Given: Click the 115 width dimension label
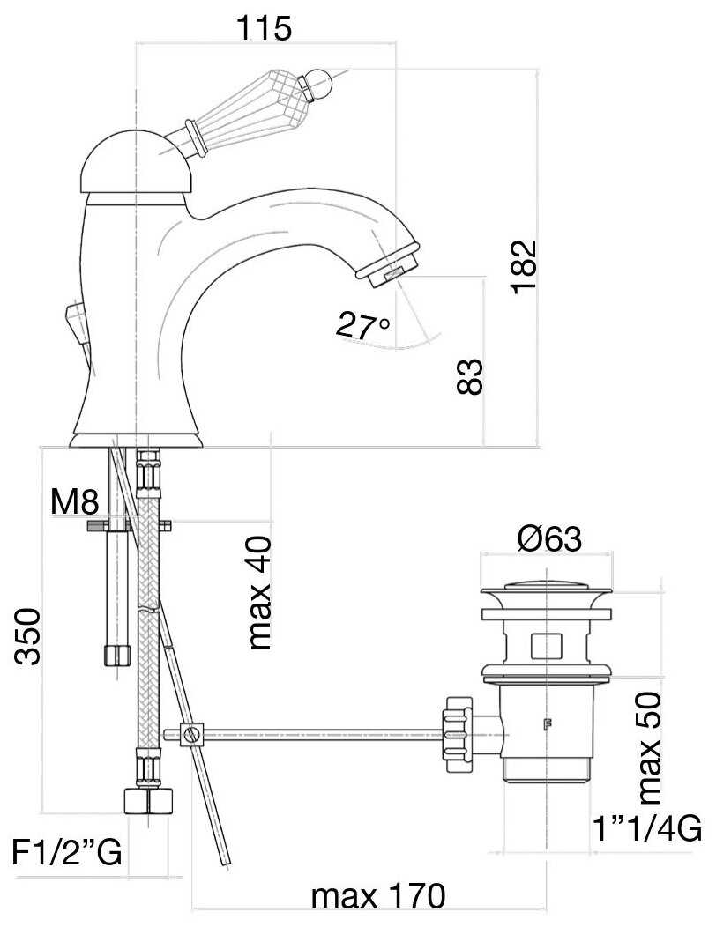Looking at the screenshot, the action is click(x=264, y=27).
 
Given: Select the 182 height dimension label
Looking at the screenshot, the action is click(x=524, y=266).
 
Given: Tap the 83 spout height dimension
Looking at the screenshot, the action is click(x=471, y=377).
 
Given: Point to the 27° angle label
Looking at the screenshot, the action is click(x=362, y=326).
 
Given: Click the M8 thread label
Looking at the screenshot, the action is click(x=74, y=502).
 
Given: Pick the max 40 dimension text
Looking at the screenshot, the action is click(x=259, y=592).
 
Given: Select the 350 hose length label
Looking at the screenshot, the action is click(x=28, y=636).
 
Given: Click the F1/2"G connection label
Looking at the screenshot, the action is click(x=67, y=852).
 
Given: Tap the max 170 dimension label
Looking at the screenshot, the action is click(x=378, y=896).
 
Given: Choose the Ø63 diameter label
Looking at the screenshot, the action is click(x=549, y=538).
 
